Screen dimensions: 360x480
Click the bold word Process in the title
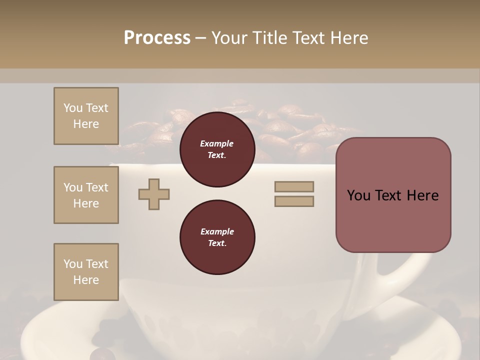click(157, 38)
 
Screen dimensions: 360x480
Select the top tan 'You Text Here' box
click(86, 116)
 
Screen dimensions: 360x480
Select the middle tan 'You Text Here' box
click(86, 195)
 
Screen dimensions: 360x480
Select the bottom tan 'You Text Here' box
click(86, 272)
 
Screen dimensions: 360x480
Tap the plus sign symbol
click(154, 194)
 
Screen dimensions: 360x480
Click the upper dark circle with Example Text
click(217, 149)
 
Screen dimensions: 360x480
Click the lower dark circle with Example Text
click(217, 237)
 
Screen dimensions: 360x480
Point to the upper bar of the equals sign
click(294, 186)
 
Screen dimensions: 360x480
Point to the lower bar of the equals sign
click(294, 201)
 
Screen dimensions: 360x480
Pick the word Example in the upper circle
click(217, 143)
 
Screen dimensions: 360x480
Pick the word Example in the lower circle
click(217, 231)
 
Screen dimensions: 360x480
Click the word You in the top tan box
click(73, 108)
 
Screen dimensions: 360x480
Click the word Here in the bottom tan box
click(86, 280)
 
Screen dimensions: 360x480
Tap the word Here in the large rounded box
click(422, 195)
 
